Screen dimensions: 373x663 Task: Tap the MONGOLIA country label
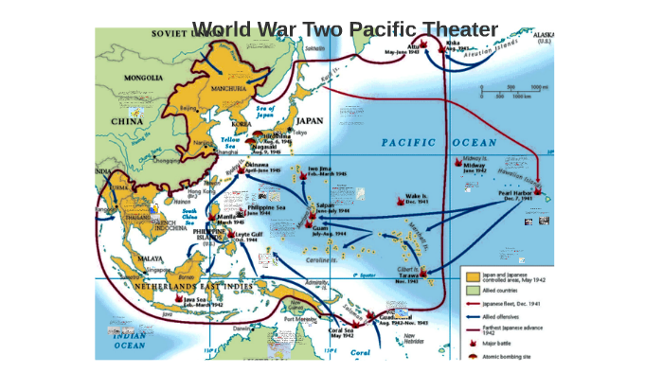coord(132,80)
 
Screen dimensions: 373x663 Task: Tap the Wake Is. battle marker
coord(398,200)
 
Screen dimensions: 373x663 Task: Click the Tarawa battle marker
coord(423,274)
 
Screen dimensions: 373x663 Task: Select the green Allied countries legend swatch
coord(471,291)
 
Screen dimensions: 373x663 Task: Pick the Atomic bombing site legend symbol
coord(472,356)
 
